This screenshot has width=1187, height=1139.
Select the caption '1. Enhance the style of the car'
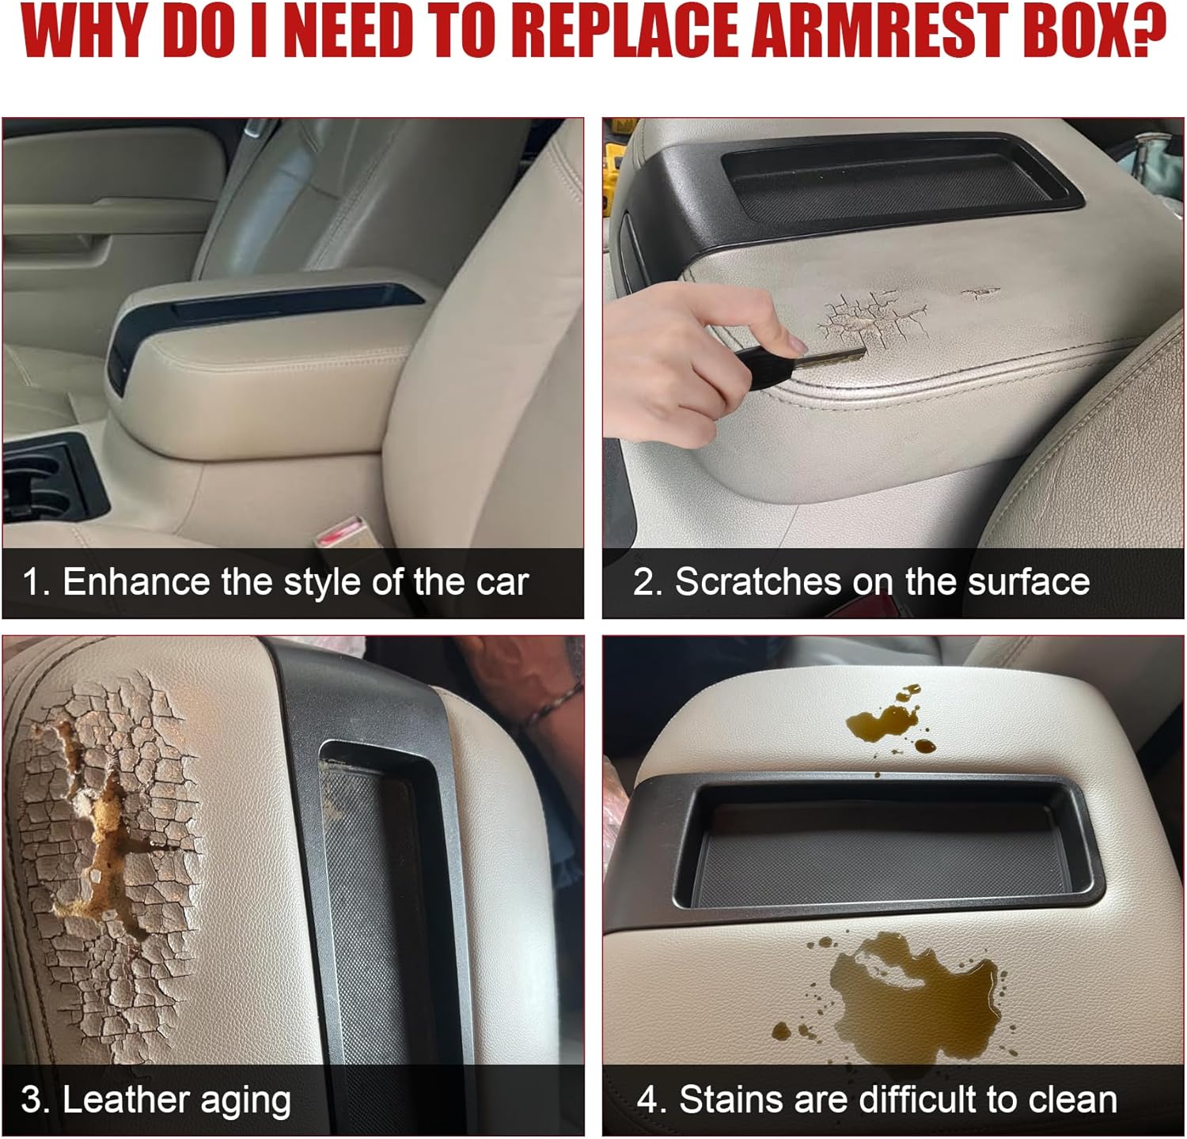point(275,582)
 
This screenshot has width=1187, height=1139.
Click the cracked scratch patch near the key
point(870,316)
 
